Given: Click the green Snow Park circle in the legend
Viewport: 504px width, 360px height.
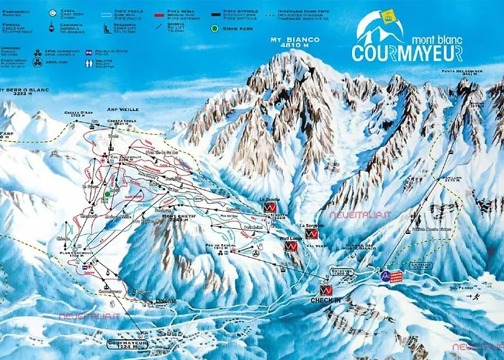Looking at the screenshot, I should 215,28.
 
